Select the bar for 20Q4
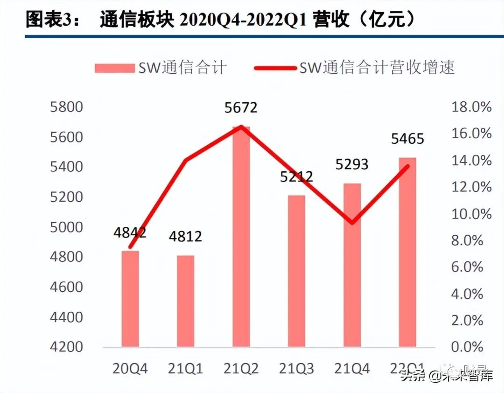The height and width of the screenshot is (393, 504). [x=130, y=299]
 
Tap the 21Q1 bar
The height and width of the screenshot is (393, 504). [x=186, y=301]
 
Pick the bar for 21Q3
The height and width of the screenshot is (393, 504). [x=296, y=271]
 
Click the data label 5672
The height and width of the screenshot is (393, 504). [x=240, y=108]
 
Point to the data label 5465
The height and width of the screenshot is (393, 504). [x=407, y=139]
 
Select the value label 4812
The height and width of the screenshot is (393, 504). [x=185, y=236]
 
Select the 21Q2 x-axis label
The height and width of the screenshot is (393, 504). [x=241, y=369]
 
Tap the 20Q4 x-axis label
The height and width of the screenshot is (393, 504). [x=130, y=369]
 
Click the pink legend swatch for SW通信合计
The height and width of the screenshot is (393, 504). [x=114, y=68]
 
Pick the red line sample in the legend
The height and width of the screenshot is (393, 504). [x=275, y=68]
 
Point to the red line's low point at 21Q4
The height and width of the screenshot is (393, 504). [x=351, y=222]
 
